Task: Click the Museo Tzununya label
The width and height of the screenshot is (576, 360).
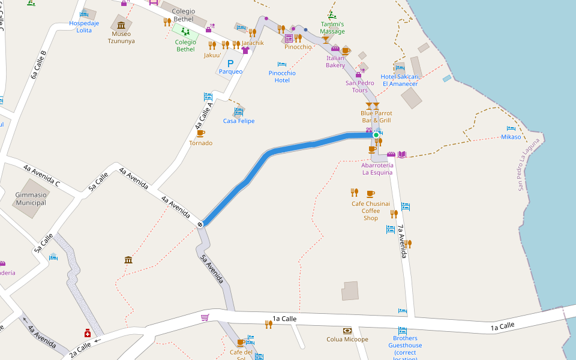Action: pyautogui.click(x=121, y=38)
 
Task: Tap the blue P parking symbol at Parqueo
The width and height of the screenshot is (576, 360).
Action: pyautogui.click(x=230, y=63)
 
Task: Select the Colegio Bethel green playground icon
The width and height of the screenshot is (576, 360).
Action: pyautogui.click(x=185, y=31)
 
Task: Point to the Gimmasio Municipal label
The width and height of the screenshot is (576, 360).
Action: pyautogui.click(x=31, y=199)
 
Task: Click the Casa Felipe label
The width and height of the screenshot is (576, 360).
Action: pyautogui.click(x=239, y=121)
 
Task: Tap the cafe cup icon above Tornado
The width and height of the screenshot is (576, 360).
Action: pyautogui.click(x=200, y=133)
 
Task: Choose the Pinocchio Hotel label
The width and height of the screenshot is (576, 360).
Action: pyautogui.click(x=282, y=77)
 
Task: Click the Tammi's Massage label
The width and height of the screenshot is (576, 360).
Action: pyautogui.click(x=332, y=28)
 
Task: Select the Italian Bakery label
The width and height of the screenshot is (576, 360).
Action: pyautogui.click(x=335, y=61)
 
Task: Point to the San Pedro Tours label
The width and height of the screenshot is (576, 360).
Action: pyautogui.click(x=360, y=86)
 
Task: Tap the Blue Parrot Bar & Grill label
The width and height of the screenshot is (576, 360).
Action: pyautogui.click(x=376, y=116)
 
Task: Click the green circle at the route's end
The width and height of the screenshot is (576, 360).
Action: pyautogui.click(x=376, y=135)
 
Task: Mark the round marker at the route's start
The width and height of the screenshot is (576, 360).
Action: pyautogui.click(x=200, y=224)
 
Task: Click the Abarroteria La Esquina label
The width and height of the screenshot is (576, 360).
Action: pyautogui.click(x=377, y=169)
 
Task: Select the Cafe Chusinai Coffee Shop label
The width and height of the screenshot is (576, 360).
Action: pyautogui.click(x=371, y=211)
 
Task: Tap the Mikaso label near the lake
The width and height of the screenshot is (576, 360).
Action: pyautogui.click(x=511, y=137)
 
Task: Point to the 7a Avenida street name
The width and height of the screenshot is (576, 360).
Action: pyautogui.click(x=403, y=241)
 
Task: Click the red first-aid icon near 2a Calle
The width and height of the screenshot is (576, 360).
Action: pyautogui.click(x=88, y=333)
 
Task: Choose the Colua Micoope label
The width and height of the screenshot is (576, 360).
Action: pyautogui.click(x=347, y=340)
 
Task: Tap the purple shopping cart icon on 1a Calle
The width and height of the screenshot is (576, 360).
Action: pyautogui.click(x=205, y=317)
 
